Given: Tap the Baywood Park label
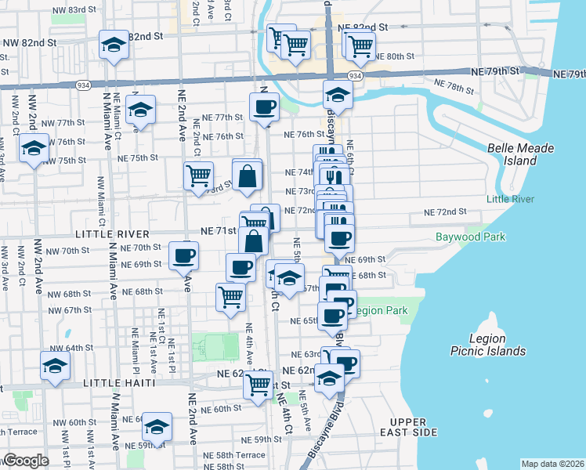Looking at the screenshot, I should tap(470, 237).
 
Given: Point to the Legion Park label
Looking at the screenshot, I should tap(380, 311).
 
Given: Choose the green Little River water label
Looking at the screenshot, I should tap(510, 199).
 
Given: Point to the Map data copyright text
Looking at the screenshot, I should tap(553, 464).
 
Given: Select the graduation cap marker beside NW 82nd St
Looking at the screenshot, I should tap(114, 45).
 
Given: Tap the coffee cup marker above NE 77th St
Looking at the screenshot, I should tap(264, 107).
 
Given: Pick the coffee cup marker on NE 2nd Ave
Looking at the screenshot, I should tap(184, 256).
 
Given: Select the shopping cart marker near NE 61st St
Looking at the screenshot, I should tap(258, 385).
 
